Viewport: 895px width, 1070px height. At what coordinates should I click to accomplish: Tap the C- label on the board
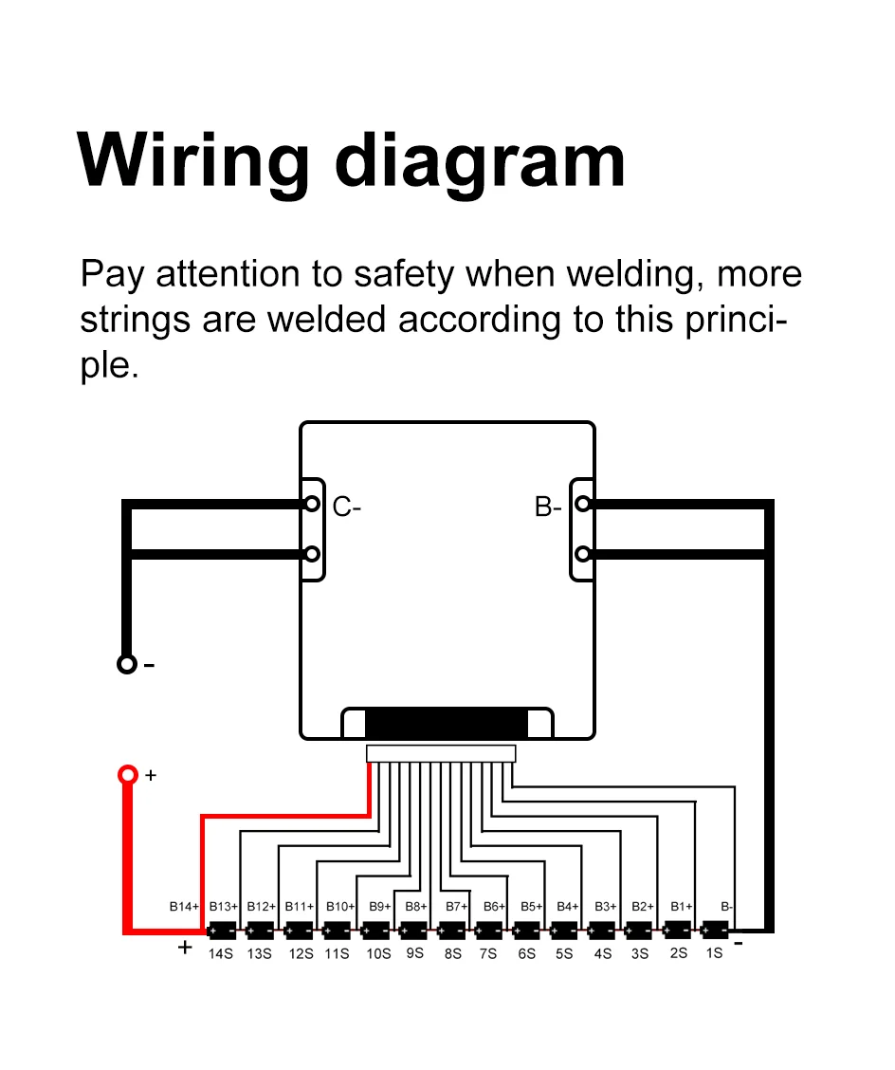click(347, 507)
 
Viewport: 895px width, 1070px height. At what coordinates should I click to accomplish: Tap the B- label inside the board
click(548, 507)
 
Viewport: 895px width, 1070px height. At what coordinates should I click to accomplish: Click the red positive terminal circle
click(127, 775)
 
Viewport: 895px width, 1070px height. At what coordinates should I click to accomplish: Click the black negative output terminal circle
click(127, 664)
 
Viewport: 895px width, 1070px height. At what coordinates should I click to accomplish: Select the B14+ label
click(184, 907)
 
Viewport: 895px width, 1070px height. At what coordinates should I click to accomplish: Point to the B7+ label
click(457, 907)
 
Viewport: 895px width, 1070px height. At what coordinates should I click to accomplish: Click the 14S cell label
click(220, 953)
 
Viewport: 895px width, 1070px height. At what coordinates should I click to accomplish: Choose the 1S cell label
click(714, 952)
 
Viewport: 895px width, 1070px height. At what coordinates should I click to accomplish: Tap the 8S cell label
click(452, 953)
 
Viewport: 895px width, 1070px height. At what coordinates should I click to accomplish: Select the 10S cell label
click(378, 953)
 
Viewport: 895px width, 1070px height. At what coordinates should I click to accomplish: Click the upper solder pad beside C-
click(311, 504)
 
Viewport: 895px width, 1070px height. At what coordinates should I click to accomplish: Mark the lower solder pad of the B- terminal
click(584, 553)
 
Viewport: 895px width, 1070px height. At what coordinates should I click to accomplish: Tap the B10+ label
click(339, 907)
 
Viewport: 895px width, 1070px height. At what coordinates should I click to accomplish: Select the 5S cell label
click(564, 953)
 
